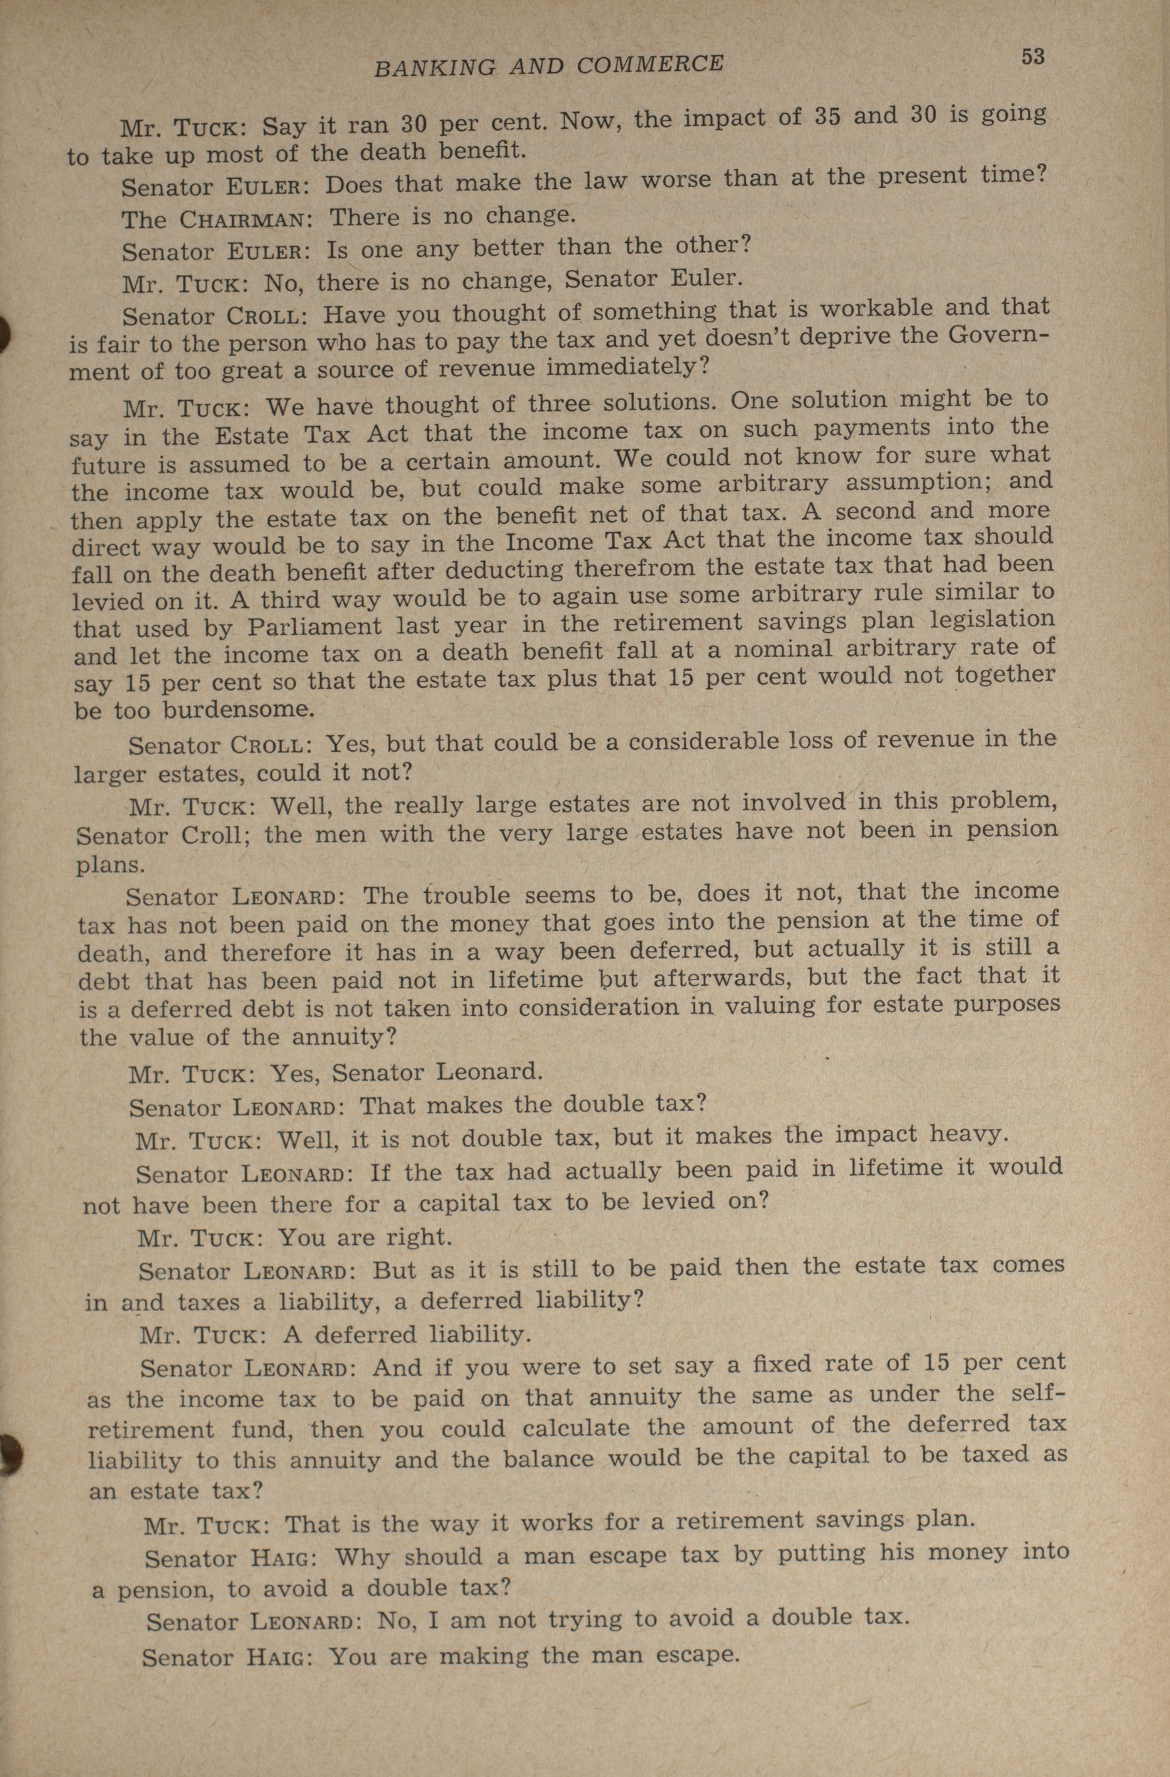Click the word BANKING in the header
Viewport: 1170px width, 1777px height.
[x=434, y=67]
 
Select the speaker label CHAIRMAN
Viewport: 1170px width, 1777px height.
[x=243, y=220]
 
